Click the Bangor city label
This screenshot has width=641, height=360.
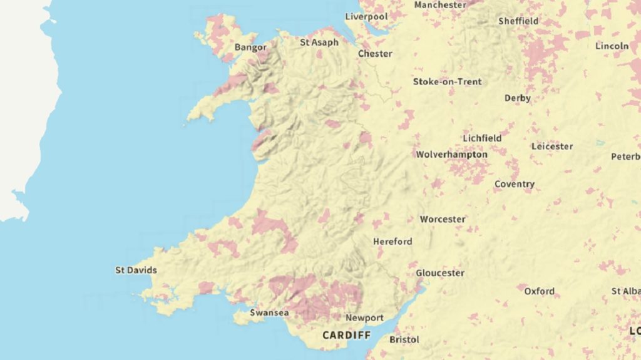pos(250,48)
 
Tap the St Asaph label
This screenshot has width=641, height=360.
pos(319,43)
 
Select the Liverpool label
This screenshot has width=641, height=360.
pos(366,16)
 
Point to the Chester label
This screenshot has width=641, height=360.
pos(375,54)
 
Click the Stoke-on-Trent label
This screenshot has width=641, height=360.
pos(447,81)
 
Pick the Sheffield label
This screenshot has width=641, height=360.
pos(518,21)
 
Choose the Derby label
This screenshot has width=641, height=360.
pos(518,98)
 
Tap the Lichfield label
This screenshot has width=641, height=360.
pos(482,138)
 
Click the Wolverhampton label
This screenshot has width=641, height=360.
pos(451,154)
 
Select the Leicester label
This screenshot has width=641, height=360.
pos(552,147)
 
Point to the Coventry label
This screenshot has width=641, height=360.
pos(515,184)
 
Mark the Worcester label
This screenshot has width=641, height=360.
pos(443,219)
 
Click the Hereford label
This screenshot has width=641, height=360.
pos(392,241)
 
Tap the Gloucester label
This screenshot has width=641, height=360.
pos(440,273)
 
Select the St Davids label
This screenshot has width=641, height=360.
pos(136,270)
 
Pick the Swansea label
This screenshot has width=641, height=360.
pos(269,312)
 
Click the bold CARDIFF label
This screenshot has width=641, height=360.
pos(346,336)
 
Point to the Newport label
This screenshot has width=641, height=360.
pos(364,318)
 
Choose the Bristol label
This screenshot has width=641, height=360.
pos(404,339)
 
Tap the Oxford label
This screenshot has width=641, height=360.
pos(539,291)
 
